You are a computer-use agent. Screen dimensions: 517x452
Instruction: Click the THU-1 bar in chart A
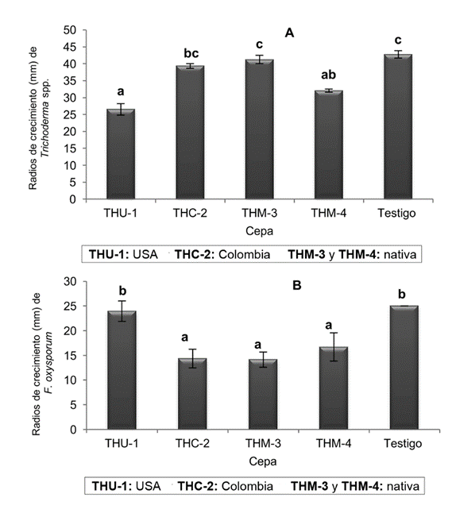pyautogui.click(x=121, y=155)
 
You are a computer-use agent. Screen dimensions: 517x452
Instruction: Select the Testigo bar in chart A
pyautogui.click(x=397, y=127)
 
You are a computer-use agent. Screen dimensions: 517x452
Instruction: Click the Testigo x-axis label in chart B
pyautogui.click(x=397, y=443)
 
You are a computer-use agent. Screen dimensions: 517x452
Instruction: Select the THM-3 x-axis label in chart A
pyautogui.click(x=259, y=213)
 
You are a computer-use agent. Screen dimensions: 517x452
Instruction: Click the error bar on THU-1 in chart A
pyautogui.click(x=121, y=110)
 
